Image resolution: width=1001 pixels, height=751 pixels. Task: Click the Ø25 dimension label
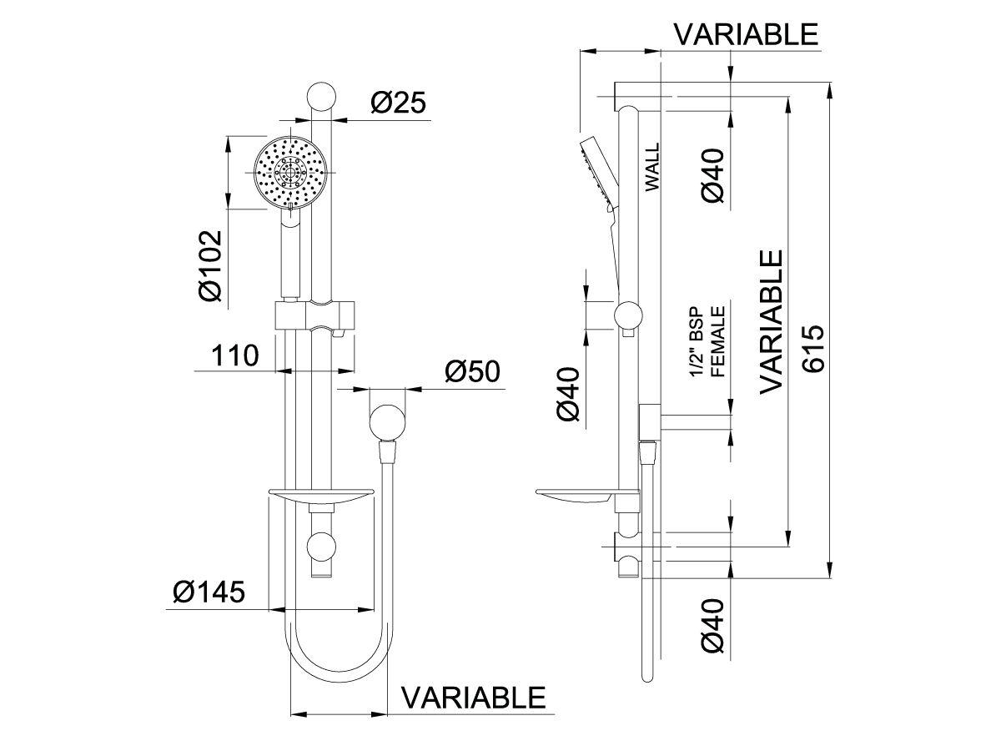coord(398,103)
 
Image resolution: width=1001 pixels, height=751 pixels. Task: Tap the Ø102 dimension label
coord(210,266)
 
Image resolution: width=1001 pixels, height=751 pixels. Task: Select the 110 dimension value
coord(235,355)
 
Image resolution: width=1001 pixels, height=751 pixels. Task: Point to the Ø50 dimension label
coord(472,371)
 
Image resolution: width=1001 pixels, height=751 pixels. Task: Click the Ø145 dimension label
coord(209,592)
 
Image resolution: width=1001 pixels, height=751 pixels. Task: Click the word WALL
coord(652,167)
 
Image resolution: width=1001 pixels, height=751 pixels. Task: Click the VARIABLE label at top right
coord(747,34)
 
